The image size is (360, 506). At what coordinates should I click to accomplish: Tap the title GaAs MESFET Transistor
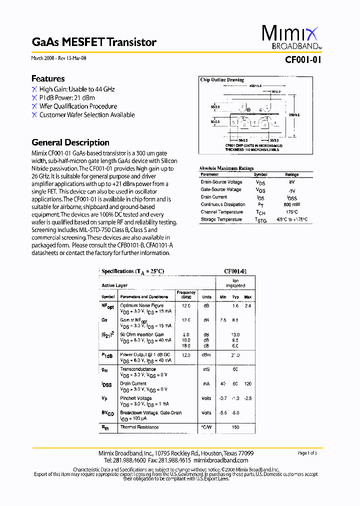[94, 42]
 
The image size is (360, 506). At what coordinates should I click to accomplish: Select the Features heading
[48, 78]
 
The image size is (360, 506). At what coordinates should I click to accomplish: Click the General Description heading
[70, 142]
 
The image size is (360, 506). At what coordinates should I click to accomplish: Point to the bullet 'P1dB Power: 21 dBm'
[67, 97]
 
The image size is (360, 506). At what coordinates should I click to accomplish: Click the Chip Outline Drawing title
[222, 80]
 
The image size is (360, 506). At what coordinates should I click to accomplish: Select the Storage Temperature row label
[221, 219]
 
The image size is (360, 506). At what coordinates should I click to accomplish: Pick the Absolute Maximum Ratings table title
[226, 168]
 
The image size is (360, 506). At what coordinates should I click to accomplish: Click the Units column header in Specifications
[206, 296]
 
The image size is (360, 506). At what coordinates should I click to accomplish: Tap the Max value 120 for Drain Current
[248, 384]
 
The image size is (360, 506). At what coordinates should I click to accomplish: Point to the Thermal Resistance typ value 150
[235, 427]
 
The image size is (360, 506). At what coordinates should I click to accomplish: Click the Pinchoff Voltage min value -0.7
[223, 398]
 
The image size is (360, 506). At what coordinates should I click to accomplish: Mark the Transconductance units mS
[206, 369]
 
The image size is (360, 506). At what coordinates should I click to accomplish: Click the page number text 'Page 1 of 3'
[310, 453]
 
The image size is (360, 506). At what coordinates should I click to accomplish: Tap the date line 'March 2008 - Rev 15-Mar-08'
[59, 58]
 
